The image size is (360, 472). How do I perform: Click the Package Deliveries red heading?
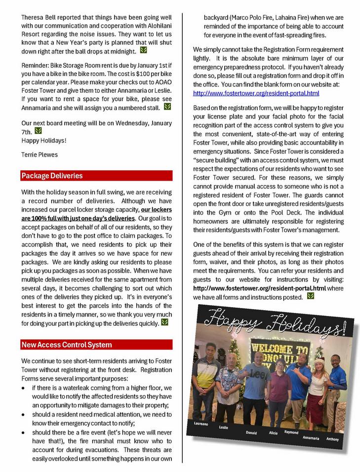click(x=52, y=176)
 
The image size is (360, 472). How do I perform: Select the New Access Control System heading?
click(x=66, y=345)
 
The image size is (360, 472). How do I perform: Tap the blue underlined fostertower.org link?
click(x=256, y=93)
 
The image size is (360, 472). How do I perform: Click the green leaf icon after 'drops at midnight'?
click(x=143, y=50)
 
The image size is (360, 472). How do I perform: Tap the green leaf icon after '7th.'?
click(x=38, y=131)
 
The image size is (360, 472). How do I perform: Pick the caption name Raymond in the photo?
click(x=291, y=433)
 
